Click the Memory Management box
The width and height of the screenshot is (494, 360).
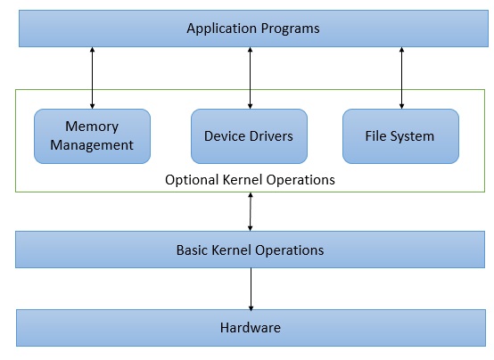(92, 136)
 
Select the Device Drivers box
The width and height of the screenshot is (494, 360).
(249, 136)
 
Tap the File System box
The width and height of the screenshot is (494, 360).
(400, 136)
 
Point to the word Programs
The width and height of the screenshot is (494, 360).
(291, 29)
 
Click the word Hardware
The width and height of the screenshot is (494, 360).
(250, 328)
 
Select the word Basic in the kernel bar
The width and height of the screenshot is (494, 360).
(193, 250)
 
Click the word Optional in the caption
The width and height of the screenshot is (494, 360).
(190, 180)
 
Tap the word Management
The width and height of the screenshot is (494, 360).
(92, 145)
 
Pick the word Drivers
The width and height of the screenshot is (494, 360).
(269, 136)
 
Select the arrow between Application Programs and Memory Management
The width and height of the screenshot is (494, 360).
(93, 78)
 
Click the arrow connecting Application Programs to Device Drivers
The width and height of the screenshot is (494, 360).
(250, 78)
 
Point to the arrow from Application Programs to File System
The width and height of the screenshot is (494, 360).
(401, 78)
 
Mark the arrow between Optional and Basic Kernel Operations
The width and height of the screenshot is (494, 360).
(250, 211)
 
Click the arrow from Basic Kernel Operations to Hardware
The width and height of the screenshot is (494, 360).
(250, 288)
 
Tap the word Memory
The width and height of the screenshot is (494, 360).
(92, 127)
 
